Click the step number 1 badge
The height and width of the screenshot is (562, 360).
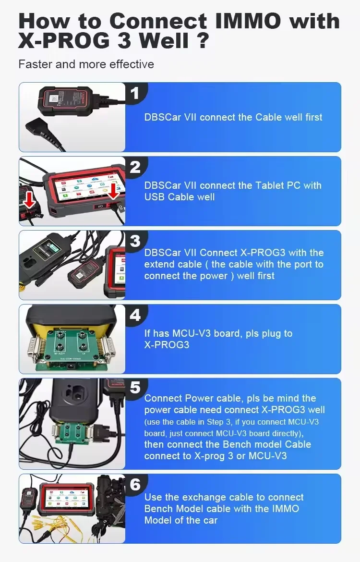point(135,93)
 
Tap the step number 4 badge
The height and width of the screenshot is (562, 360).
point(135,315)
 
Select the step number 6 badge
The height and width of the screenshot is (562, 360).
point(135,485)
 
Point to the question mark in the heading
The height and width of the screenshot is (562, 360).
point(202,41)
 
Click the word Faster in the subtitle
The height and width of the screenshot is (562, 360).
point(35,64)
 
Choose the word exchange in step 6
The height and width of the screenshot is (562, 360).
point(196,497)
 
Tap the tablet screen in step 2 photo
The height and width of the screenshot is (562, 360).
point(82,187)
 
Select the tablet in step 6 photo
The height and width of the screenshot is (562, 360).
point(66,501)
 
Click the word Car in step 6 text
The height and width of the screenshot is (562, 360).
point(209,520)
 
